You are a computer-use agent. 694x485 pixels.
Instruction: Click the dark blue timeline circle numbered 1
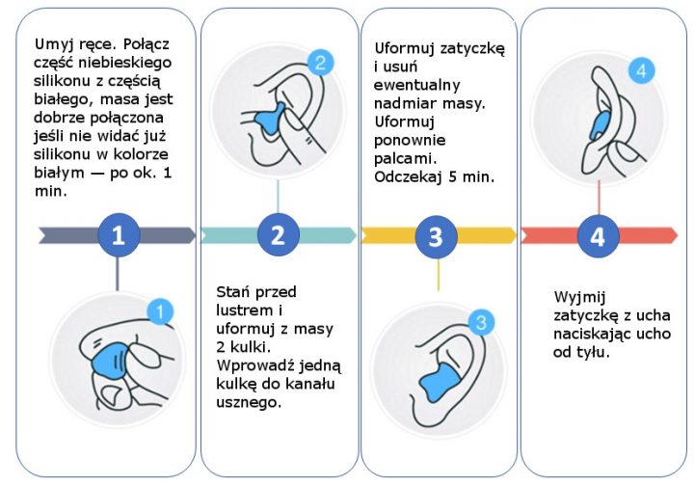(118, 235)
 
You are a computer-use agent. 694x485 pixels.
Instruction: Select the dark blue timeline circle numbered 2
(278, 235)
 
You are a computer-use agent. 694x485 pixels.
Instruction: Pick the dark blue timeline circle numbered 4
(598, 235)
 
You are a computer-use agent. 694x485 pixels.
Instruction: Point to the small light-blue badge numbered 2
(323, 64)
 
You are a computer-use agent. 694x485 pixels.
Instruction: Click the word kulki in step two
(261, 347)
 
